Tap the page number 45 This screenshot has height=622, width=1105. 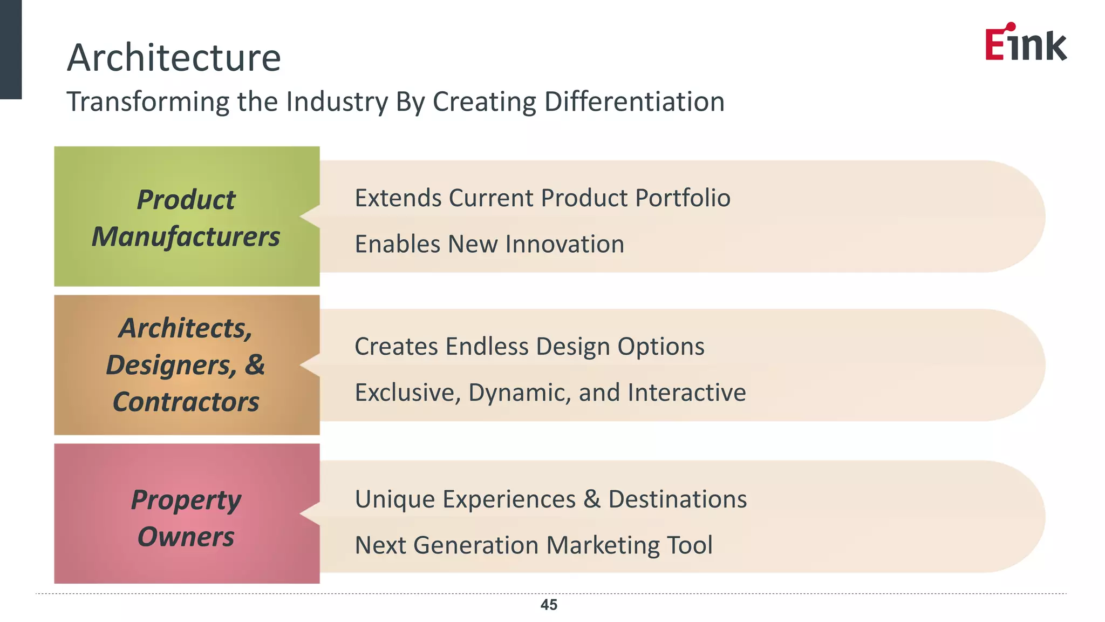[549, 605]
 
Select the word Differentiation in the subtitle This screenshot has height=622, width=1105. [635, 102]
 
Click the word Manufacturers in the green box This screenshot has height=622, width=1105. [186, 236]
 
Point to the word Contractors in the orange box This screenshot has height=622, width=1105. [186, 402]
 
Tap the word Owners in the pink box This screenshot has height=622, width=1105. [186, 537]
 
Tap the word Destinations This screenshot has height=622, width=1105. [678, 499]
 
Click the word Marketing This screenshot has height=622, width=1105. [603, 545]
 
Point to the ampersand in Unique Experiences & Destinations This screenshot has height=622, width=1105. [592, 499]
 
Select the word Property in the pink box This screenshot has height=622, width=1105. [186, 500]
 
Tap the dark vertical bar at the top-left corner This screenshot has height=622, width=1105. [10, 49]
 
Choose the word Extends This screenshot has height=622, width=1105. [398, 198]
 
